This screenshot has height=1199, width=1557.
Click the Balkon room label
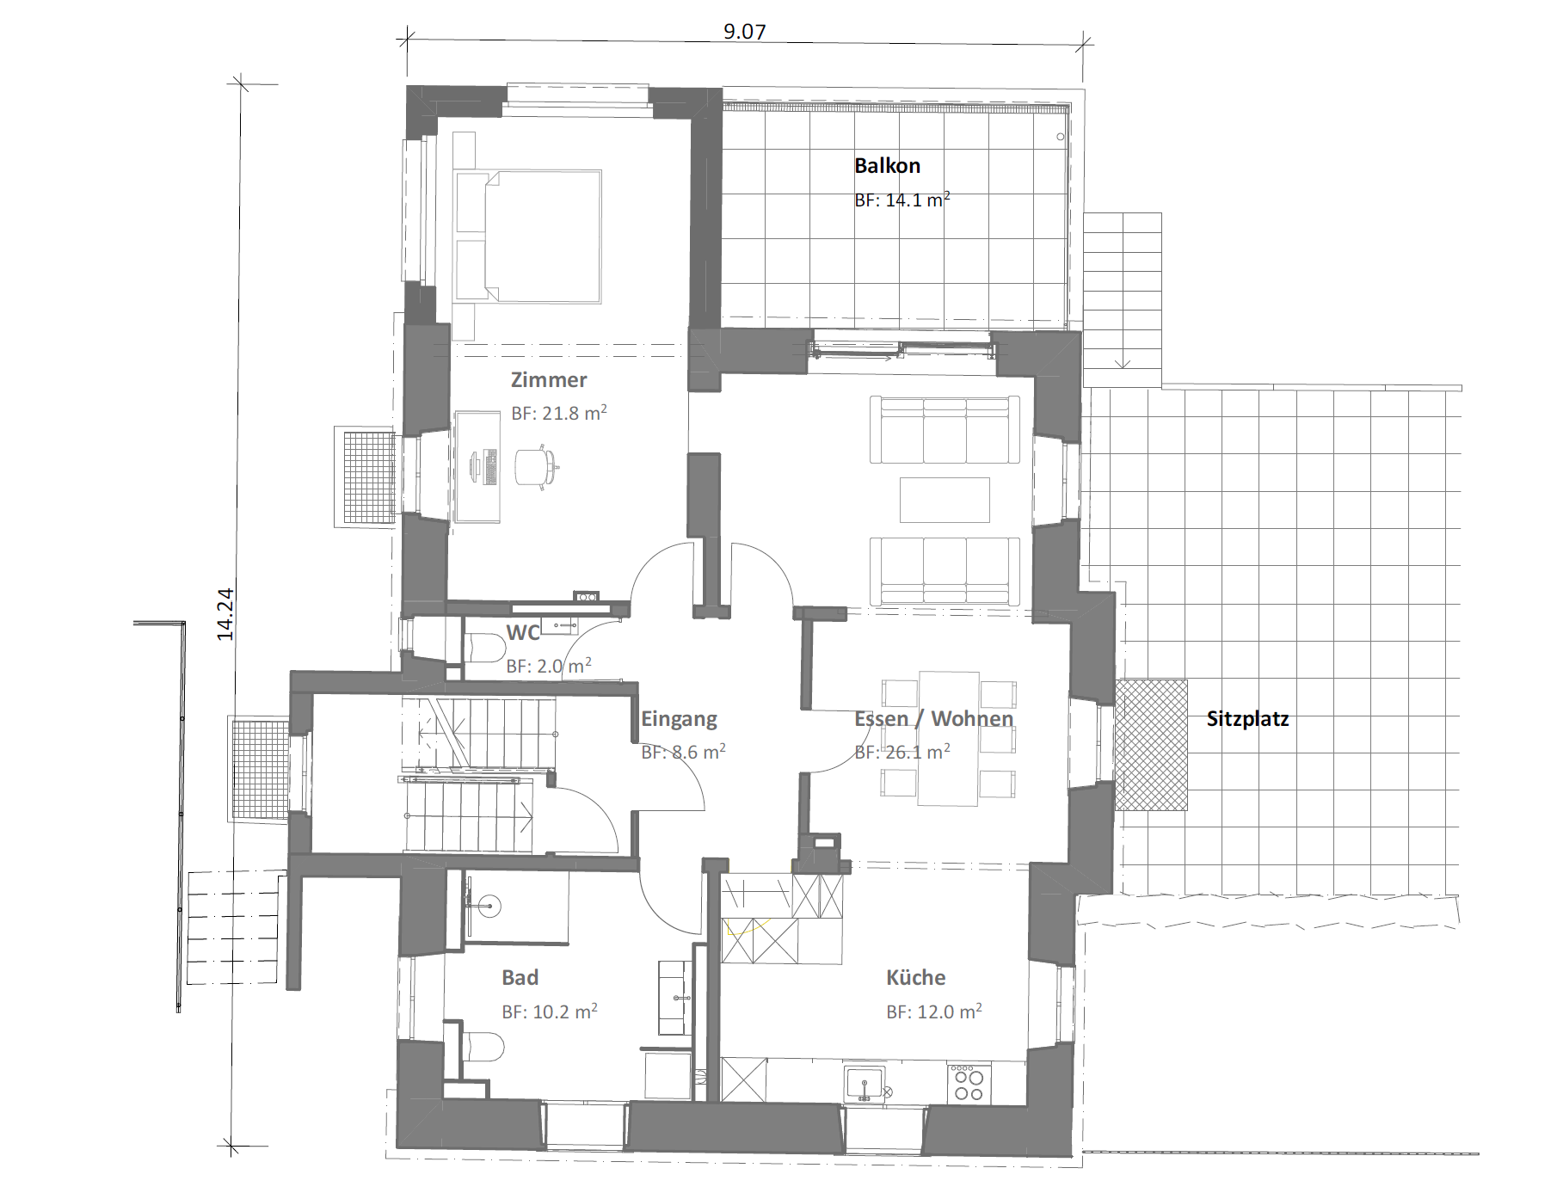point(887,165)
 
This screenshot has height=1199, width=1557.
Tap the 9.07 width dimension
point(744,32)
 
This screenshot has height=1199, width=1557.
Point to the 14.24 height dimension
point(225,614)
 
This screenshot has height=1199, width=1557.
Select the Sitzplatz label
point(1247,719)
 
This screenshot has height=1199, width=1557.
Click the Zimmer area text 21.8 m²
point(559,413)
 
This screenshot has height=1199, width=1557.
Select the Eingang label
point(679,719)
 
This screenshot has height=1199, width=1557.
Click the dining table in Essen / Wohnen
point(949,738)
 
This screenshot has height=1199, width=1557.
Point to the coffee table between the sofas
point(945,501)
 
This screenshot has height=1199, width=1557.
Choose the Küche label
point(915,978)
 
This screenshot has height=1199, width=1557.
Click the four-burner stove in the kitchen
point(969,1083)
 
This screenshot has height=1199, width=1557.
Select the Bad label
point(520,978)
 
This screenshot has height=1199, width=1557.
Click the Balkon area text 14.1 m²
point(902,200)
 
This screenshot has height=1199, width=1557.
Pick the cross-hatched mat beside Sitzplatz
point(1151,745)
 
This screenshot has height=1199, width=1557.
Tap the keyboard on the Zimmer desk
point(491,467)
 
